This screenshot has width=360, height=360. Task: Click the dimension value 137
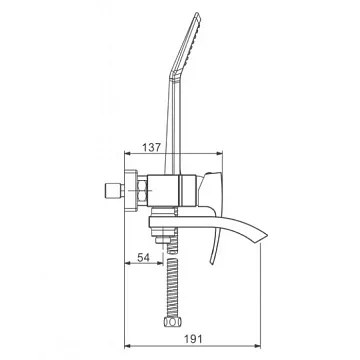click(x=152, y=147)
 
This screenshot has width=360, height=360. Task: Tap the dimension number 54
click(x=144, y=257)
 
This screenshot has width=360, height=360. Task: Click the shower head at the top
click(x=186, y=45)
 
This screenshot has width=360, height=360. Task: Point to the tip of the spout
click(x=267, y=234)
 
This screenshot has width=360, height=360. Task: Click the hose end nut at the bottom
click(x=173, y=322)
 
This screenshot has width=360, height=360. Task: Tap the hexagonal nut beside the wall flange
click(x=142, y=191)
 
